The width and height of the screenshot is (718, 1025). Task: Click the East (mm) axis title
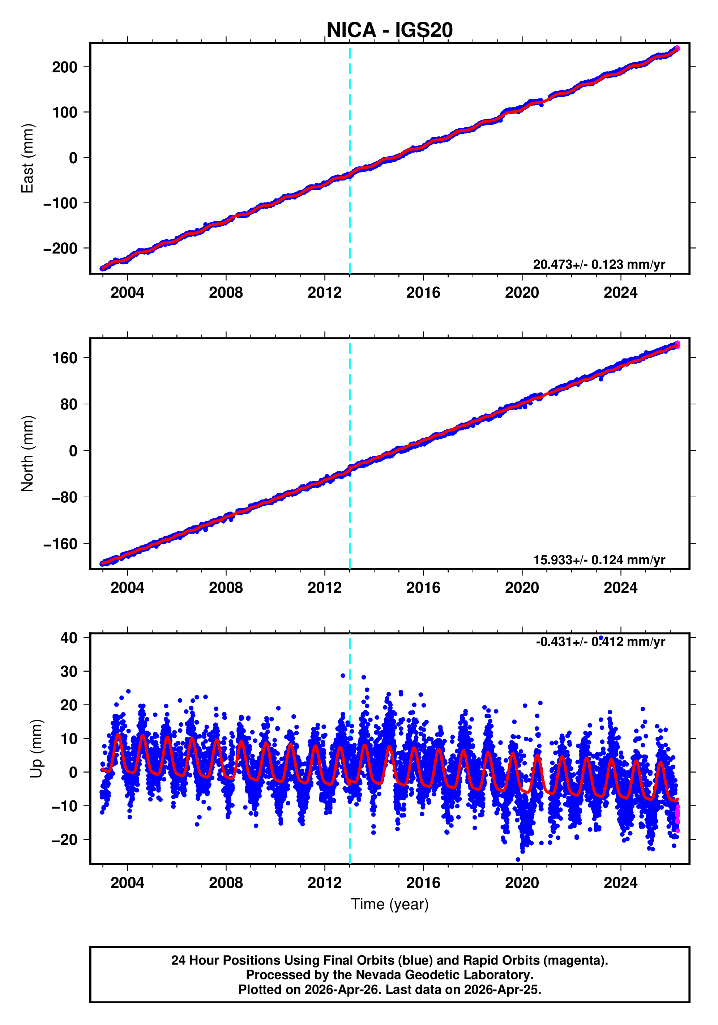pos(28,158)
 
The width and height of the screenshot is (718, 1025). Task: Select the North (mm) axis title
pos(28,454)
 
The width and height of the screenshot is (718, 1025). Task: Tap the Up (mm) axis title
pos(37,749)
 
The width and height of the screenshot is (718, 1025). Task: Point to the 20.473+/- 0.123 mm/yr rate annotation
pos(599,264)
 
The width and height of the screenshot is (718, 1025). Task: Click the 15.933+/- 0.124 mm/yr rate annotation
pos(599,560)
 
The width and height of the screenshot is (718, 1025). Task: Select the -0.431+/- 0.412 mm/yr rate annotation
pos(600,642)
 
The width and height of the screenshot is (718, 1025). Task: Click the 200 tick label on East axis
pos(65,67)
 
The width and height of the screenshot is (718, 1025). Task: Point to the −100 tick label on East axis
pos(60,203)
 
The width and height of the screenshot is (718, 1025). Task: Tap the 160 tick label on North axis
pos(65,358)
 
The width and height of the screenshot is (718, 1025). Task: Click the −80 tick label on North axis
pos(64,497)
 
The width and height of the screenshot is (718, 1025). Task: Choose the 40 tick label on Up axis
pos(69,638)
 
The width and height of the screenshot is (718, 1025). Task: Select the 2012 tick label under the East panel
pos(324,293)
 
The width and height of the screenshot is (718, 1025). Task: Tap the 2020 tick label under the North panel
pos(522,588)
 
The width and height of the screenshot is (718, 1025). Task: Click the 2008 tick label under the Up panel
pos(226,883)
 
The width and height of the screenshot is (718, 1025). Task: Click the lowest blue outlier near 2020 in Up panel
pos(518,859)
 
